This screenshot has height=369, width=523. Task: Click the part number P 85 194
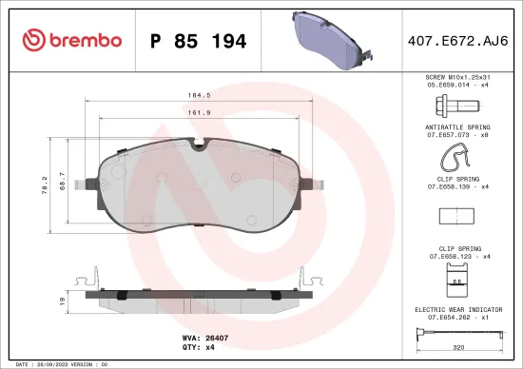coord(199,41)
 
